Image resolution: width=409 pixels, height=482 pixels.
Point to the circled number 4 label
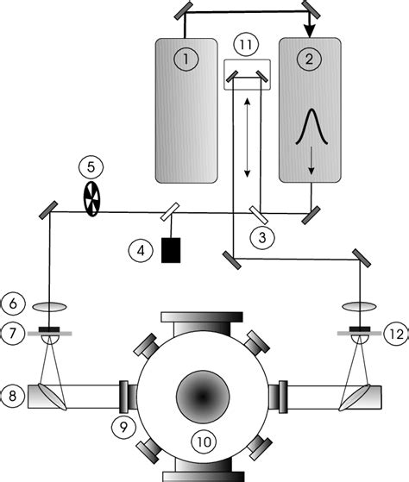coord(136,252)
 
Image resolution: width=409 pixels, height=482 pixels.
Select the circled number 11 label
coord(246,45)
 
